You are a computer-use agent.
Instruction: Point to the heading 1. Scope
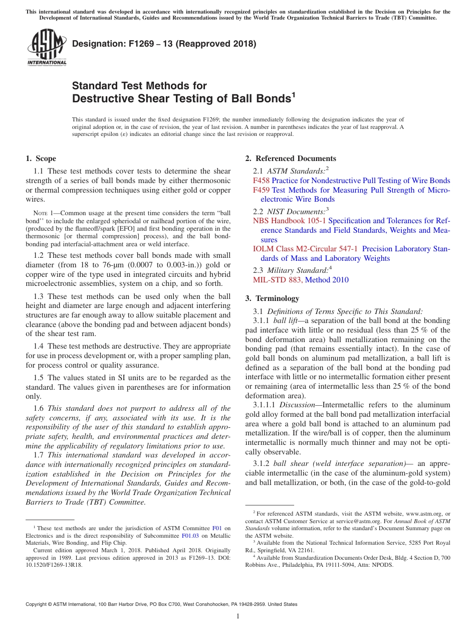[41, 158]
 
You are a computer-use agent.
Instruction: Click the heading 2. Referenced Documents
[291, 158]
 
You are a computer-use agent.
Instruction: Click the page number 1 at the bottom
[238, 616]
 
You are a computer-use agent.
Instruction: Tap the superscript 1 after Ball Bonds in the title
[294, 94]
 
